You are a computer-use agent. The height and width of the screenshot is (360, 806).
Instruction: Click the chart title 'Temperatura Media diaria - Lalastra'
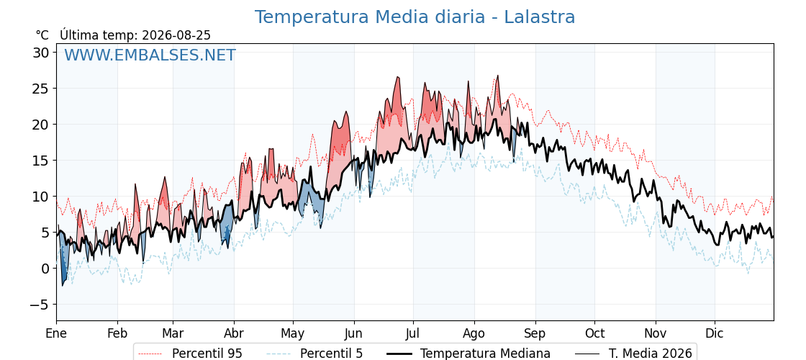click(415, 17)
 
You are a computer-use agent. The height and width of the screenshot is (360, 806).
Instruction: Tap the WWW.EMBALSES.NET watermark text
click(150, 55)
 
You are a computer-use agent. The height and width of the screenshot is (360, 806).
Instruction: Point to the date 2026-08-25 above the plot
click(176, 35)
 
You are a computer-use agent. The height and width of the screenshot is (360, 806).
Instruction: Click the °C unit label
click(42, 35)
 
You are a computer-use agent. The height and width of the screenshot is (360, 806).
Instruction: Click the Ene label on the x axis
click(56, 333)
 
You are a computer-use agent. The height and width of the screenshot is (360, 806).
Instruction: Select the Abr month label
click(234, 333)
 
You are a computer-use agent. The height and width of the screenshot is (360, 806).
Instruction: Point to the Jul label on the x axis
click(413, 333)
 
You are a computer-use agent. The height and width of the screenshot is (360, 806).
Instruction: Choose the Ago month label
click(474, 334)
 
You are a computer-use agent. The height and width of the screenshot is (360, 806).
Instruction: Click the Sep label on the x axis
click(535, 334)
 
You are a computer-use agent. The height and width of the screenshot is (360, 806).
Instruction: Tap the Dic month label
click(715, 333)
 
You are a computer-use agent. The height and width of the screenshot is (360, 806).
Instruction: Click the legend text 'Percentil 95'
click(207, 354)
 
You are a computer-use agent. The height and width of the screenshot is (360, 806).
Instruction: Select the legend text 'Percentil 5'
click(332, 354)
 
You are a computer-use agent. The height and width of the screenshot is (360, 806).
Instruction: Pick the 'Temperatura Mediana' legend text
click(485, 354)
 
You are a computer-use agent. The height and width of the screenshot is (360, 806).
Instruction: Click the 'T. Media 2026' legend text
click(651, 354)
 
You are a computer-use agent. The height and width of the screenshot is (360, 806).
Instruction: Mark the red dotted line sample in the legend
click(150, 354)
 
